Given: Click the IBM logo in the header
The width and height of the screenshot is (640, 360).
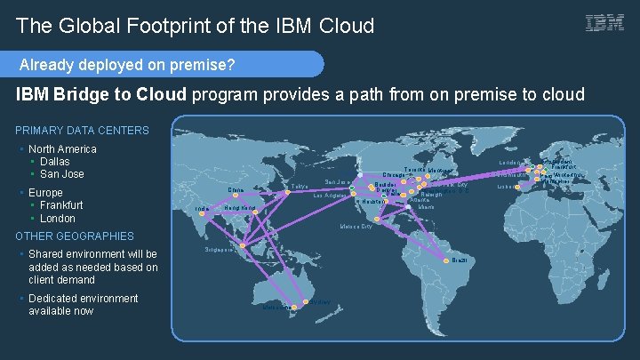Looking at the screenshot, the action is (604, 24).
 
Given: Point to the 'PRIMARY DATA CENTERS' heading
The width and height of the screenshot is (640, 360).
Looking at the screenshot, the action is (82, 131).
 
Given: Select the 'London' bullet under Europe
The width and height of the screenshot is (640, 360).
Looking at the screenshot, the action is (58, 218).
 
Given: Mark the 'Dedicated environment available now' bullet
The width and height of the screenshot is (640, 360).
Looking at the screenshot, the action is (83, 304).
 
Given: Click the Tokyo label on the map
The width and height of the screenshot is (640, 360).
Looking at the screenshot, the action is (300, 186).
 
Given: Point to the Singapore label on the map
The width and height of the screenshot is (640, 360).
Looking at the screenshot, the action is (219, 251).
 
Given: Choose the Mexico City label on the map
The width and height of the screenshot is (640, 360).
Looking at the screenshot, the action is (356, 226).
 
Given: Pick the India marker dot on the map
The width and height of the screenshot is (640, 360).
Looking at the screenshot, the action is (211, 207).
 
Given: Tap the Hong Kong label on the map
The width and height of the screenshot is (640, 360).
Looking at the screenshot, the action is (240, 208).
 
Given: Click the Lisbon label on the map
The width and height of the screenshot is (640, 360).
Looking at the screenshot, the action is (507, 188).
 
